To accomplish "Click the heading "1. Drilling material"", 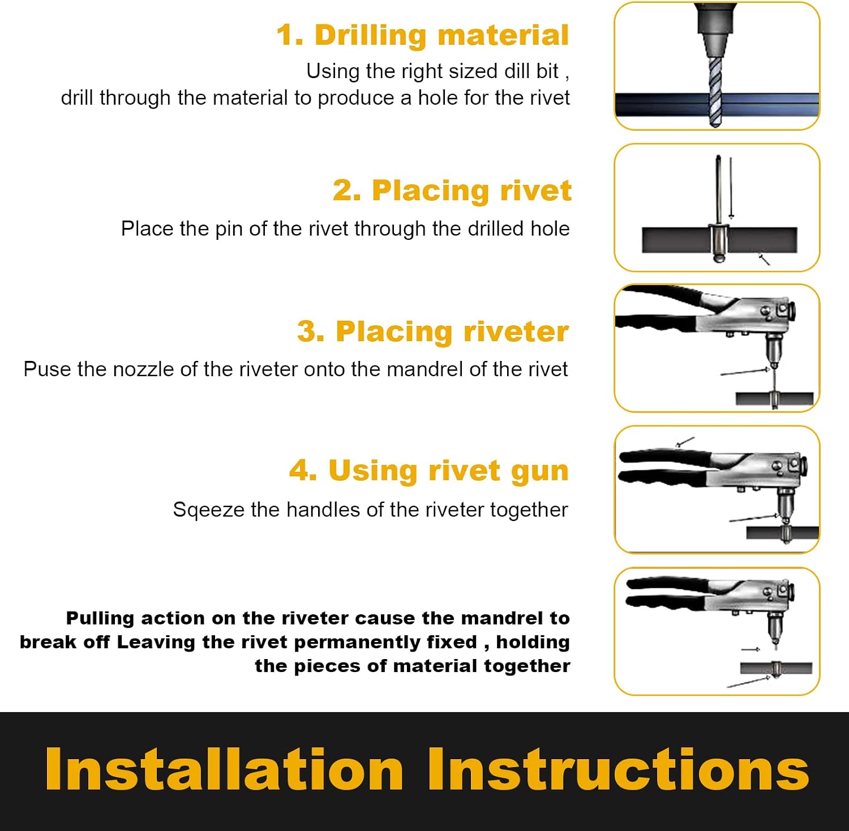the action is click(422, 35).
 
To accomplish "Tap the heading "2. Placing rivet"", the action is click(452, 191).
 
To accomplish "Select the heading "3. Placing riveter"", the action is click(433, 331).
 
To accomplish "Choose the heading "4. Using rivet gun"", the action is click(428, 471).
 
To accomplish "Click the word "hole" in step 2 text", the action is click(550, 229).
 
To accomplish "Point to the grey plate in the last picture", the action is click(776, 668).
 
